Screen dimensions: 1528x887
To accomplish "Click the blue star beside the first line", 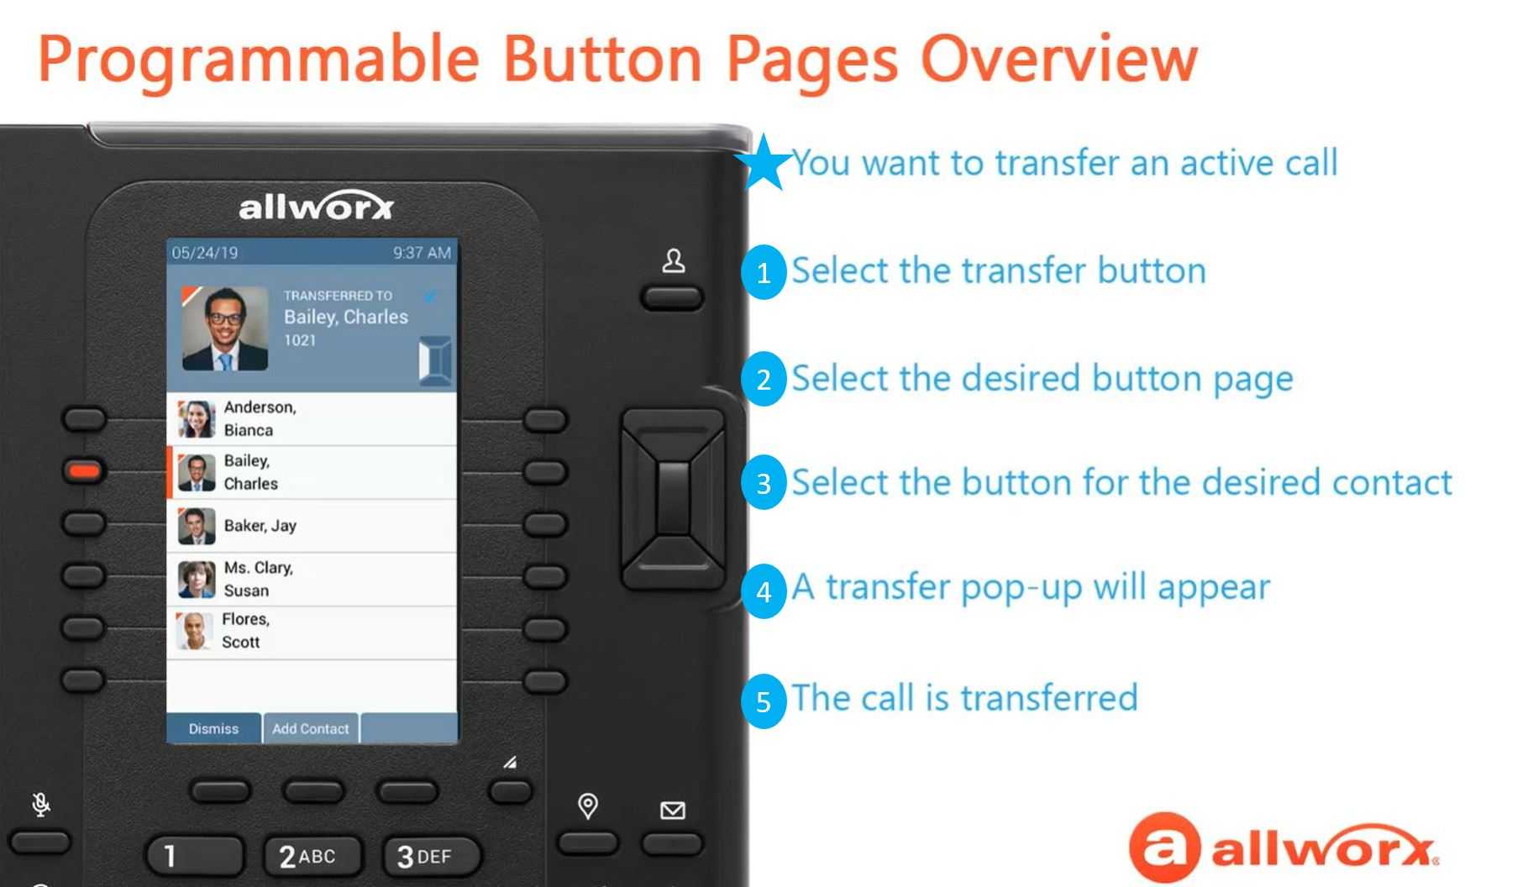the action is tap(764, 162).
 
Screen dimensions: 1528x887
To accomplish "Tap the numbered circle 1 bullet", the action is tap(764, 272).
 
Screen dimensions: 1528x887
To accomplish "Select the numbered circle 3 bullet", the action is tap(764, 483).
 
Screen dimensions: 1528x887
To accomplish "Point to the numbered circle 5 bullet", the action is tap(764, 701).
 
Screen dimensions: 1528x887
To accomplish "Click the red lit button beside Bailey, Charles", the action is tap(84, 470).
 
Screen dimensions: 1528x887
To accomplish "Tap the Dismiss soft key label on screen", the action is tap(213, 729).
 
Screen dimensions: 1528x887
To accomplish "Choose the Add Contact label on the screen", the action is tap(310, 729).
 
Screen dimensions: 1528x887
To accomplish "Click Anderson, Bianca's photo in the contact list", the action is tap(197, 418).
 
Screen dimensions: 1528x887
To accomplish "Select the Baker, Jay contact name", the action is tap(260, 526).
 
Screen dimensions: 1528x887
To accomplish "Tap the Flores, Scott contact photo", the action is tap(194, 631).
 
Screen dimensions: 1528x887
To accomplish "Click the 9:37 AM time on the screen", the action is tap(422, 253).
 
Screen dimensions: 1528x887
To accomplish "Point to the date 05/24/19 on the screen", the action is tap(204, 253).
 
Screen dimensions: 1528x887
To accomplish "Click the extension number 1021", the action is tap(300, 340).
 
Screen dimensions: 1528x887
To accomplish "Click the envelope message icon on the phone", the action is tap(673, 811).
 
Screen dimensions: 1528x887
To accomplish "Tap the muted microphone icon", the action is tap(40, 805).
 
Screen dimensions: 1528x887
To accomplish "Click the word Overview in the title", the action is tap(1059, 60).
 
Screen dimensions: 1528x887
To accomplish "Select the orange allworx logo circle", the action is tap(1163, 847).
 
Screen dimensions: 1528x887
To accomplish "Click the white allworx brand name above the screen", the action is tap(316, 207).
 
